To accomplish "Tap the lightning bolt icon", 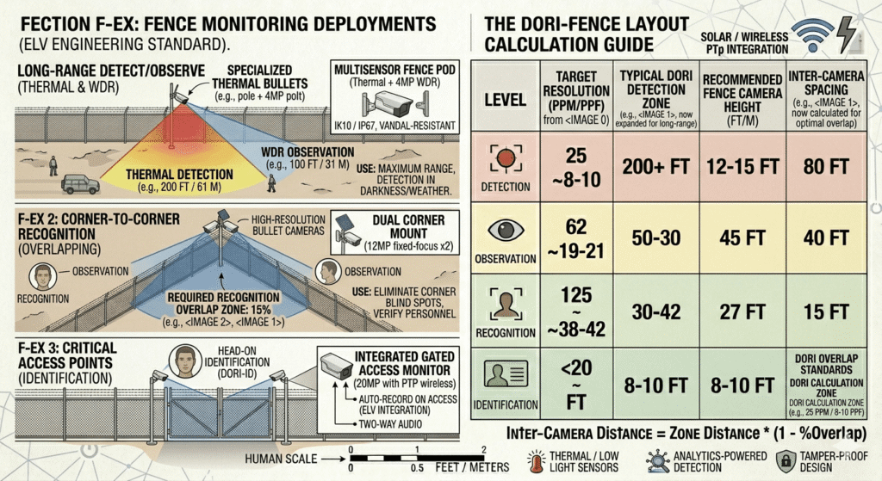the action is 846,34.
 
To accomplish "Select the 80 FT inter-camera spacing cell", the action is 826,166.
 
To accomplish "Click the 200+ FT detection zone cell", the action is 655,166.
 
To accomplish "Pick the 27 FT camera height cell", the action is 742,311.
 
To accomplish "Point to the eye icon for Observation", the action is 505,230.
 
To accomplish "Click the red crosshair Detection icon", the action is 505,158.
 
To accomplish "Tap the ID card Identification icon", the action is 505,373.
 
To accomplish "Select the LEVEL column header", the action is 505,100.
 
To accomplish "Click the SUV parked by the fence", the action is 80,184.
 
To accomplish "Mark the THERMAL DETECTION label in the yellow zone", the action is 179,174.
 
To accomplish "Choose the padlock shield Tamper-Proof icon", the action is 786,460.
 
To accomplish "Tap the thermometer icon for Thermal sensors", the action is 537,461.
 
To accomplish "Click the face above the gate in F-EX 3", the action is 185,361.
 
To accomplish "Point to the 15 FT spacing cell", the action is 826,311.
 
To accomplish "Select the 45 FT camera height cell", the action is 742,237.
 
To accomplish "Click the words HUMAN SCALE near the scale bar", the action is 281,459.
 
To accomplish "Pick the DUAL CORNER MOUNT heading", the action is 409,226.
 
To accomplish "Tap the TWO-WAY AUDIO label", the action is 390,424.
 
